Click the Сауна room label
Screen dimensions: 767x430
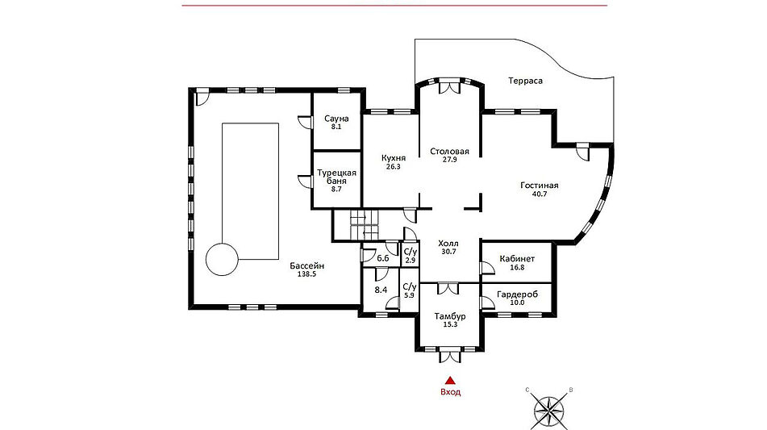point(336,119)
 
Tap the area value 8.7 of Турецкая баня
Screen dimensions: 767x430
point(336,189)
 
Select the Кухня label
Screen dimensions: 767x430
point(394,158)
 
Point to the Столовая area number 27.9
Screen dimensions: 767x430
point(449,160)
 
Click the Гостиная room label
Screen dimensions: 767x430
point(539,186)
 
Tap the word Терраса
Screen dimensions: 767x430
point(525,81)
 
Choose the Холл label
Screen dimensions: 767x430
point(448,243)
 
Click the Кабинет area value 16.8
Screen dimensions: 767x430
point(517,267)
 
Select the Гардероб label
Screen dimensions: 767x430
point(517,294)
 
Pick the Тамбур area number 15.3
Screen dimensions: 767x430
point(450,324)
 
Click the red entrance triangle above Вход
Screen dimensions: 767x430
point(450,381)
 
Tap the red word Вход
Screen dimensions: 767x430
point(451,392)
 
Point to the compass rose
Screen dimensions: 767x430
point(548,410)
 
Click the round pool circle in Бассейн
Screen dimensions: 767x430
point(222,244)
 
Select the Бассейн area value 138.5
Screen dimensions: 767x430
point(306,274)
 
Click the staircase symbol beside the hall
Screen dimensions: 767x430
point(365,226)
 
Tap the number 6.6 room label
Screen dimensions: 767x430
point(383,258)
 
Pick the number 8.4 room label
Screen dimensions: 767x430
point(381,290)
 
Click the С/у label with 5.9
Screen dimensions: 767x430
point(410,290)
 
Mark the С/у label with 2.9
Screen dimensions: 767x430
point(410,256)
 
